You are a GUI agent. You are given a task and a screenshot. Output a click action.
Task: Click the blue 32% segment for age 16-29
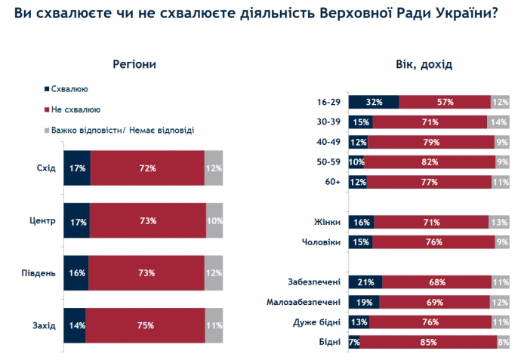point(373,102)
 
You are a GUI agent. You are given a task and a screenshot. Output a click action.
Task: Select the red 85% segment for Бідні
point(427,342)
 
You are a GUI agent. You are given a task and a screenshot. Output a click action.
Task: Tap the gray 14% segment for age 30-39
point(499,122)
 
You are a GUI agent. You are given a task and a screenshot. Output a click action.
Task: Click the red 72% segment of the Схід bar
point(147,168)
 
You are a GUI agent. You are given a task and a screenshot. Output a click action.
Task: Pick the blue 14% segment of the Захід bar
point(74,325)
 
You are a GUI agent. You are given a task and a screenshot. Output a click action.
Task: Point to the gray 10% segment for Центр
point(214,220)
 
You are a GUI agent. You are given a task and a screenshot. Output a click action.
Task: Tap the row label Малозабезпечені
point(304,302)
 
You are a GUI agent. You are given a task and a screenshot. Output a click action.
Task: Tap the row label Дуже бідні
point(316,322)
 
